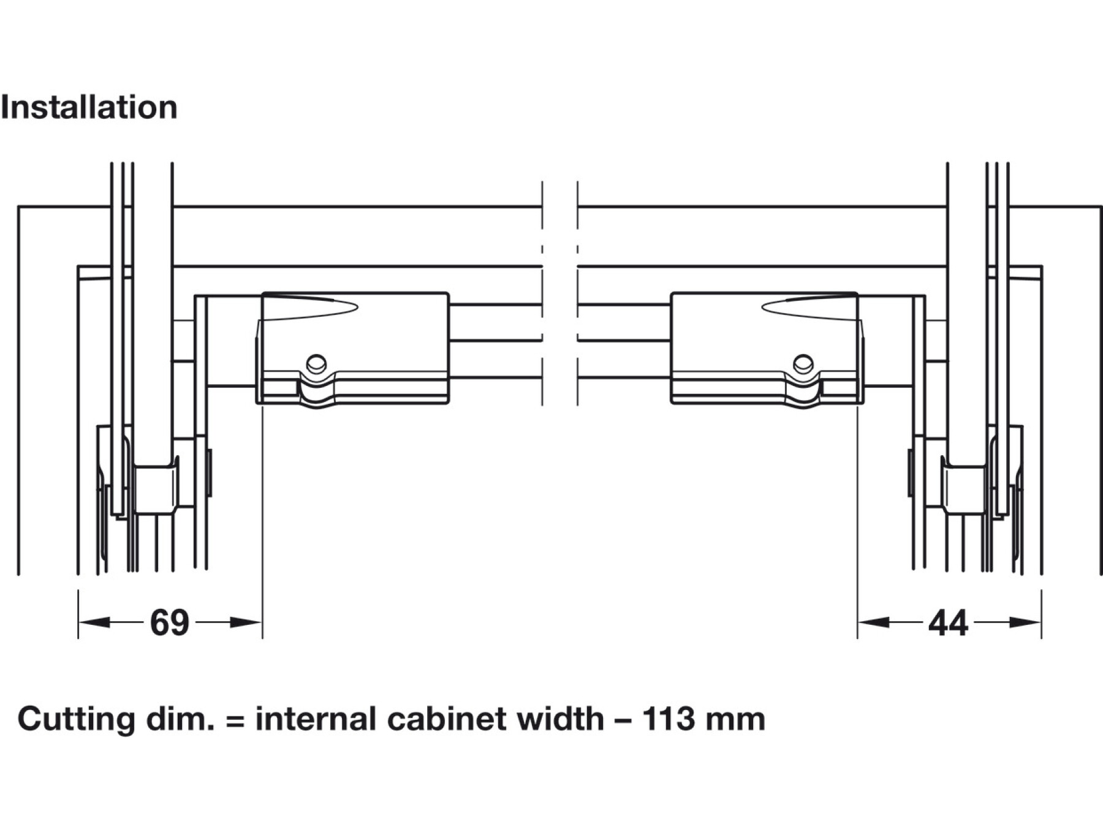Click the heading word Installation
point(89,108)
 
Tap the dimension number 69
point(169,623)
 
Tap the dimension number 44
point(948,624)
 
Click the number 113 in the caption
point(669,719)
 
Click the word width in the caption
point(560,719)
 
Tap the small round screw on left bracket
point(316,363)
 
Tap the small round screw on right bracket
point(803,363)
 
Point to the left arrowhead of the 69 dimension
point(92,623)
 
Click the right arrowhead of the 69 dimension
point(248,623)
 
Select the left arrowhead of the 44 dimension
point(871,623)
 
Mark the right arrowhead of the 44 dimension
point(1028,623)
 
